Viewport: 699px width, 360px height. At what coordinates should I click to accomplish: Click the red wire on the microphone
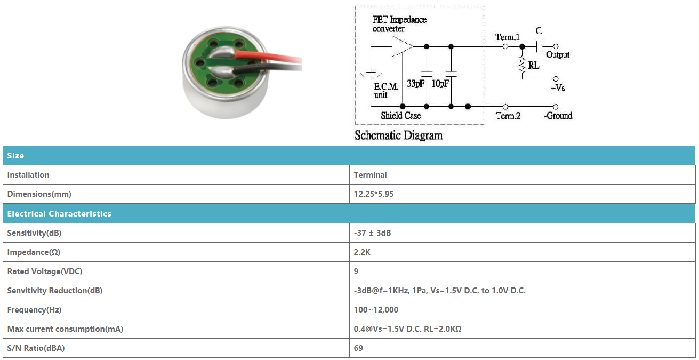pos(268,57)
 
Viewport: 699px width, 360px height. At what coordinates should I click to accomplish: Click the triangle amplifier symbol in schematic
pos(402,46)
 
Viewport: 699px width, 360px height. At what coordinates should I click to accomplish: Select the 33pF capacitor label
pos(415,84)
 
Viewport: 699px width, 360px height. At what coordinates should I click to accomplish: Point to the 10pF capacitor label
pos(440,84)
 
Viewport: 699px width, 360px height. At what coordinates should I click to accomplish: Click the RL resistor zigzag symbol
pos(522,65)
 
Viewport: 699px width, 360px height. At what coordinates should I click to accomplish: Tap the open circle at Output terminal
pos(556,46)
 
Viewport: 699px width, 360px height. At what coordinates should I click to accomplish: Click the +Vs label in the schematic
pos(558,88)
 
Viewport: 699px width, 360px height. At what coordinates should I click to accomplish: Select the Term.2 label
pos(508,116)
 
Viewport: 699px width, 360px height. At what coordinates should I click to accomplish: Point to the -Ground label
pos(558,116)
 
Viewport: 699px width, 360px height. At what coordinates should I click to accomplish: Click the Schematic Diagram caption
pos(398,135)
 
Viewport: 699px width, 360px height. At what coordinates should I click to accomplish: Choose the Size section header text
pos(15,156)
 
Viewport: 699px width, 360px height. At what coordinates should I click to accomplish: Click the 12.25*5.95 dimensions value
pos(374,194)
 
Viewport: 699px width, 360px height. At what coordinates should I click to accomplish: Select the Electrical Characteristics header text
pos(59,213)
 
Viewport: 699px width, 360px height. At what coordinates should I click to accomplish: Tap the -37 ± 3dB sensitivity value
pos(372,233)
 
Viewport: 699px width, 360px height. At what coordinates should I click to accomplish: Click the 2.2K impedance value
pos(362,252)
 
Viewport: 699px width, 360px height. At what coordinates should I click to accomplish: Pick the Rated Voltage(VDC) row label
pos(45,271)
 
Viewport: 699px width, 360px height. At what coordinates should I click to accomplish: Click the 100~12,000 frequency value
pos(376,310)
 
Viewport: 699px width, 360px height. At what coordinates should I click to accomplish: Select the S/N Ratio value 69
pos(358,348)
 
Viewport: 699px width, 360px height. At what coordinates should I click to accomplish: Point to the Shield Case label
pos(400,116)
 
